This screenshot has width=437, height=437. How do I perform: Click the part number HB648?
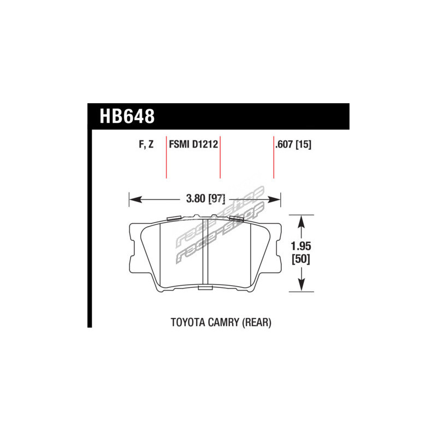point(127,116)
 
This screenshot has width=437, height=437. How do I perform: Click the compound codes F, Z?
point(146,144)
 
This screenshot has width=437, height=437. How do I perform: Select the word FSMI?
point(180,144)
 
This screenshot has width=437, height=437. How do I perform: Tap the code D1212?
point(205,144)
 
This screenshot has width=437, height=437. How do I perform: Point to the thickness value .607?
point(284,144)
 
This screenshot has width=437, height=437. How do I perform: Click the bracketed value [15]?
point(303,144)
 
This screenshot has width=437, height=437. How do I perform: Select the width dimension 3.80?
point(196,199)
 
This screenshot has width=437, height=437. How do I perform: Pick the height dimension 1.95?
point(301,246)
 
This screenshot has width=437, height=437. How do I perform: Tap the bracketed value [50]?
point(301,259)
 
